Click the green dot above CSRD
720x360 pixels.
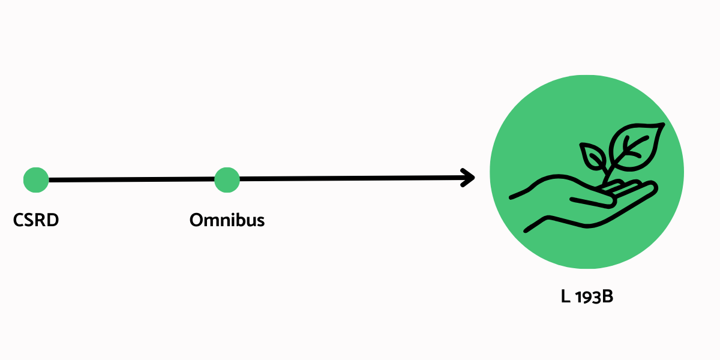[x=36, y=180]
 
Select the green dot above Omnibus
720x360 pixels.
[x=227, y=179]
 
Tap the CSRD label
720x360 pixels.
[x=36, y=220]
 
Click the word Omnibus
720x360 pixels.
[x=227, y=220]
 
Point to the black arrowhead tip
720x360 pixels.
[x=474, y=177]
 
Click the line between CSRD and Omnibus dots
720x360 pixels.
[x=132, y=179]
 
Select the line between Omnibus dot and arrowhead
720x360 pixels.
[x=348, y=178]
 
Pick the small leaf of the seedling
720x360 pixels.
[x=594, y=157]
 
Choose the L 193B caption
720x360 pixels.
[x=586, y=297]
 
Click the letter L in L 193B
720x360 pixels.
[x=565, y=297]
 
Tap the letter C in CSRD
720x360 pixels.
[x=19, y=220]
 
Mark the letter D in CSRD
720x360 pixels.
[x=53, y=220]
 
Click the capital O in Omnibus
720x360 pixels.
[x=197, y=220]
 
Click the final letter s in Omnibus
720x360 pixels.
[x=260, y=221]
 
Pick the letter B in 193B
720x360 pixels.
[x=607, y=297]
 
